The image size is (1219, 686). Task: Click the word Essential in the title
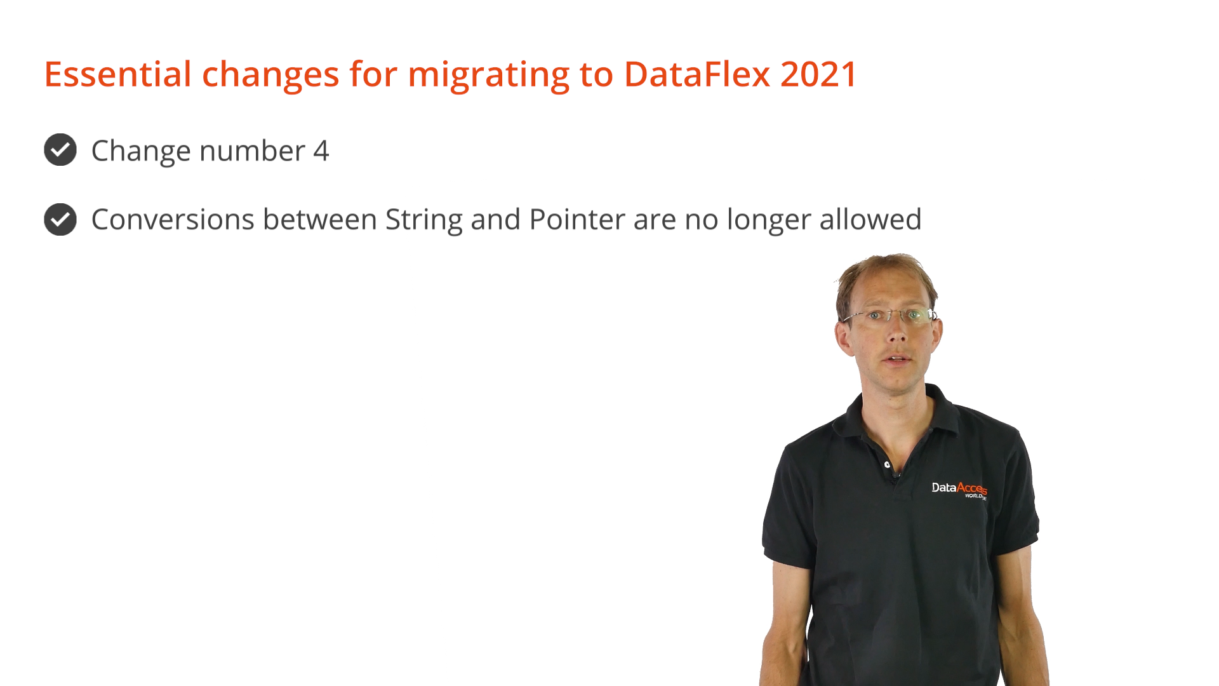coord(117,74)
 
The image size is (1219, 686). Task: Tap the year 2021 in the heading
coord(819,74)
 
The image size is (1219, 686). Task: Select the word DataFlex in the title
coord(697,74)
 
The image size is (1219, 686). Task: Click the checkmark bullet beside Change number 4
coord(60,150)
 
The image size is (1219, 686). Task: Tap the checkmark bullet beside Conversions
coord(60,219)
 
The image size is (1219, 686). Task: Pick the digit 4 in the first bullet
coord(321,151)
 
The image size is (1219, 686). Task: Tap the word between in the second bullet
coord(320,220)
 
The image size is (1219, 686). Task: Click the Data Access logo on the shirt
coord(959,490)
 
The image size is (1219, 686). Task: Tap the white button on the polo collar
coord(887,465)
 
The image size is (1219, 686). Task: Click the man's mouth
coord(898,360)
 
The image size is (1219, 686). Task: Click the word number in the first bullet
coord(252,151)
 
